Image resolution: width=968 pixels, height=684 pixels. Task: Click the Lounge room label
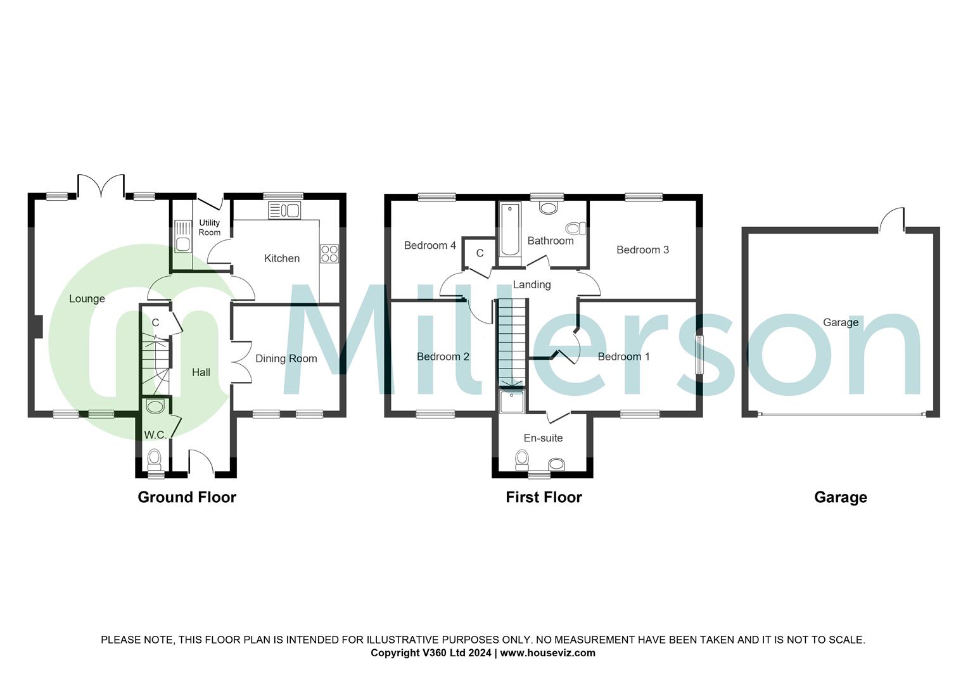tap(87, 299)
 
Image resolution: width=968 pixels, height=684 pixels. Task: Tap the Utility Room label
tap(209, 227)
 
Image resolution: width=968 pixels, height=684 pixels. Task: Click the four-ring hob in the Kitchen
tap(329, 253)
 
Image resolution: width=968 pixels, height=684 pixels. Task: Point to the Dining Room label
tap(286, 358)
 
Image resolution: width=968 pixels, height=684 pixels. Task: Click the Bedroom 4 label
tap(430, 245)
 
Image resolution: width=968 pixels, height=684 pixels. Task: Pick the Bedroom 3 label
tap(642, 250)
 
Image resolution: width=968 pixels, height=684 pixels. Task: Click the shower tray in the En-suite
tap(512, 401)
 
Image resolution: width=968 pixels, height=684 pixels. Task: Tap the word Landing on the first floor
tap(532, 284)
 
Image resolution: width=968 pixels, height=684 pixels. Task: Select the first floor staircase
tap(511, 342)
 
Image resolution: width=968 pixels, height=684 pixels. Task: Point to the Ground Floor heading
tap(187, 497)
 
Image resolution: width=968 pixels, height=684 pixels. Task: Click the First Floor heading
tap(544, 497)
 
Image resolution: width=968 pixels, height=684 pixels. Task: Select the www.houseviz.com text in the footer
tap(547, 653)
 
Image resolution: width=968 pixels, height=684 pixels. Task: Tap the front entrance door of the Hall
tap(201, 461)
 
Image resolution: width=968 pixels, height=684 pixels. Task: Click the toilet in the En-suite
tap(521, 458)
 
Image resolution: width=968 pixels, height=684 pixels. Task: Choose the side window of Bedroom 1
tap(699, 355)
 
